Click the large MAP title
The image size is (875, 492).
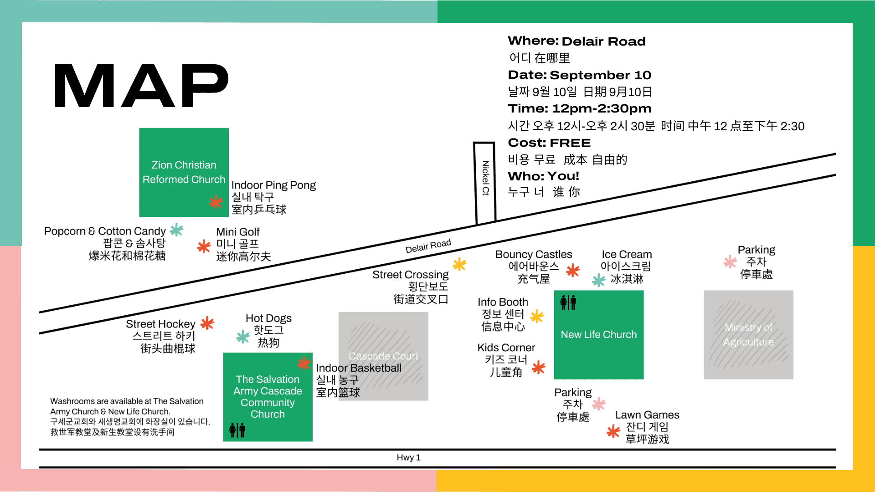pyautogui.click(x=141, y=86)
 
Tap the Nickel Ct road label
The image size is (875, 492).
pyautogui.click(x=485, y=178)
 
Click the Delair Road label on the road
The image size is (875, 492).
pyautogui.click(x=428, y=246)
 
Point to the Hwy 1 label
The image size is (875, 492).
pyautogui.click(x=408, y=457)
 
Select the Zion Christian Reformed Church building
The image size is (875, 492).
pyautogui.click(x=184, y=172)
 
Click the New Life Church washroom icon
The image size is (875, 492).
pyautogui.click(x=568, y=302)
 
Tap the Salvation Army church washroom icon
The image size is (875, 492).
pyautogui.click(x=237, y=430)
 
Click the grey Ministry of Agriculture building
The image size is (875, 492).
pyautogui.click(x=748, y=335)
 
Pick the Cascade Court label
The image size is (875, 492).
pyautogui.click(x=383, y=356)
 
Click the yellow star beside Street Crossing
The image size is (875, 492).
pyautogui.click(x=459, y=264)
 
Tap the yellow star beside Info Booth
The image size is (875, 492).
pyautogui.click(x=537, y=316)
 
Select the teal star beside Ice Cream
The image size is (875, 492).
pyautogui.click(x=598, y=280)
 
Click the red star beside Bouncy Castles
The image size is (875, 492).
pyautogui.click(x=573, y=271)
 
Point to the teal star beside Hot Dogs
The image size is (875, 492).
pyautogui.click(x=243, y=337)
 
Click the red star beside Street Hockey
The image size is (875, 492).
pyautogui.click(x=207, y=323)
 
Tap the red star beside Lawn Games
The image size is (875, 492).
pyautogui.click(x=613, y=431)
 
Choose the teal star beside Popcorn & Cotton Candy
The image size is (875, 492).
pyautogui.click(x=176, y=230)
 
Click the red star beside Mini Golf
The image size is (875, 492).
pyautogui.click(x=204, y=246)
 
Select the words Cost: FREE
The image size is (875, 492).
pyautogui.click(x=549, y=143)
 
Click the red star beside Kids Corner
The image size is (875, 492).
pyautogui.click(x=539, y=367)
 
